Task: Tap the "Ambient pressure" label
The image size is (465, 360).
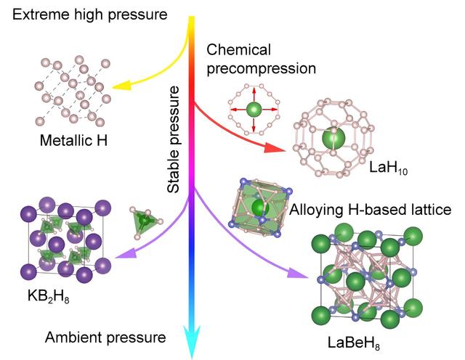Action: [105, 337]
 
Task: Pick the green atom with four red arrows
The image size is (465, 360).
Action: [254, 110]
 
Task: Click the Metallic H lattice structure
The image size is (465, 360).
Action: [71, 91]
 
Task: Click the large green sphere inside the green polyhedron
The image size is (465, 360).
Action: [260, 208]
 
